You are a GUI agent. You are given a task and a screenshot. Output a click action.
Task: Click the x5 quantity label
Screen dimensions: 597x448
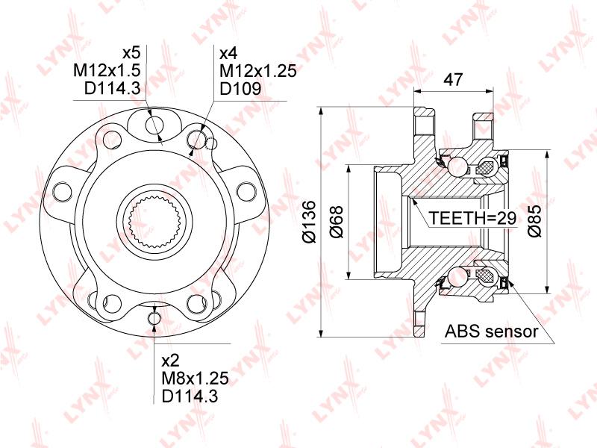point(131,53)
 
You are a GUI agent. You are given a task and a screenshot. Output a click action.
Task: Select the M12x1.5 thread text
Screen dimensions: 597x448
point(107,70)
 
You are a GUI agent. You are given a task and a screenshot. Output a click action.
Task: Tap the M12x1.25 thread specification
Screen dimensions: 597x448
point(258,71)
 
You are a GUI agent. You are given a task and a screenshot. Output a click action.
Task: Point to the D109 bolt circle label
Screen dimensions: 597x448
point(240,89)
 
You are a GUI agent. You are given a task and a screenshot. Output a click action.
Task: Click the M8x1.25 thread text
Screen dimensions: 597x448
point(196,379)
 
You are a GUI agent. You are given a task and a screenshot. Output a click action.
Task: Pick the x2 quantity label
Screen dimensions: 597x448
point(171,361)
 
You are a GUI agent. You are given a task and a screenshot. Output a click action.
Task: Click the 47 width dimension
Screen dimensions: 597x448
point(453,79)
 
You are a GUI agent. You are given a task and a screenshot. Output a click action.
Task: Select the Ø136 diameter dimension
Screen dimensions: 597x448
point(309,221)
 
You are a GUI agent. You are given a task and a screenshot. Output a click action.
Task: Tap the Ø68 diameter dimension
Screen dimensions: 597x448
point(337,222)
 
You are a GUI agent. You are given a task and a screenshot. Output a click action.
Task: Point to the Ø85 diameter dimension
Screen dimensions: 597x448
point(534,221)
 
